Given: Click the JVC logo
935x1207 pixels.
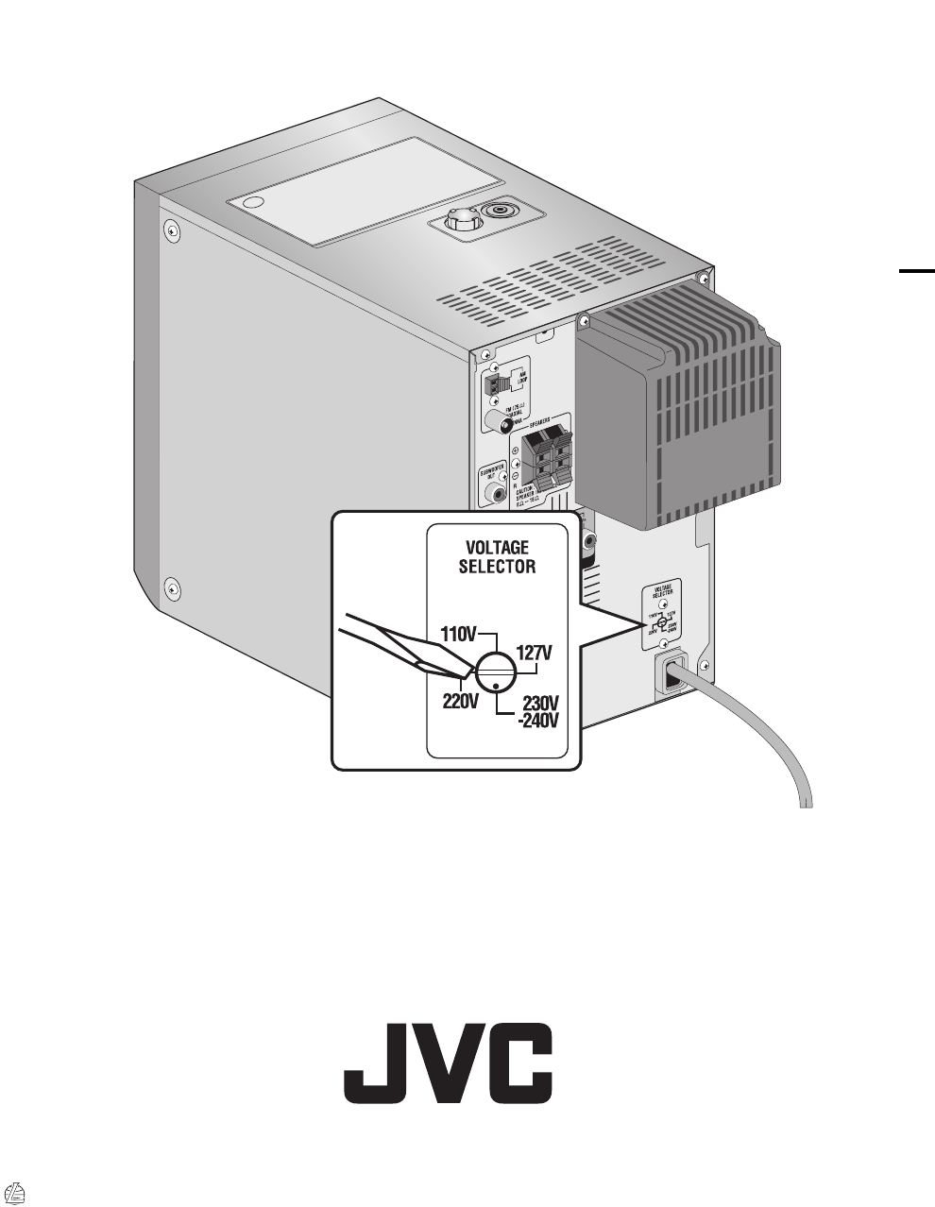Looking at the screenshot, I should [x=448, y=1062].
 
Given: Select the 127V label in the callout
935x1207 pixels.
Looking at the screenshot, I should [x=534, y=653].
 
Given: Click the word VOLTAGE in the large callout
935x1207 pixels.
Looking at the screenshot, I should [x=497, y=548].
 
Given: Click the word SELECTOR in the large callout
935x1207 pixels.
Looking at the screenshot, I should [x=497, y=567].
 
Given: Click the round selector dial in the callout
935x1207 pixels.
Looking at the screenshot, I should [x=496, y=672].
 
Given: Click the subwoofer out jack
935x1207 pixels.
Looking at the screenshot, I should [x=492, y=492].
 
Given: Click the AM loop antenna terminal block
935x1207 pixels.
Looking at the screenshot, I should [x=491, y=383].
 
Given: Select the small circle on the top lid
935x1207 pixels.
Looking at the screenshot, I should [x=252, y=204].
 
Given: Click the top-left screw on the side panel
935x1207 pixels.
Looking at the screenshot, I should [x=171, y=229].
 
